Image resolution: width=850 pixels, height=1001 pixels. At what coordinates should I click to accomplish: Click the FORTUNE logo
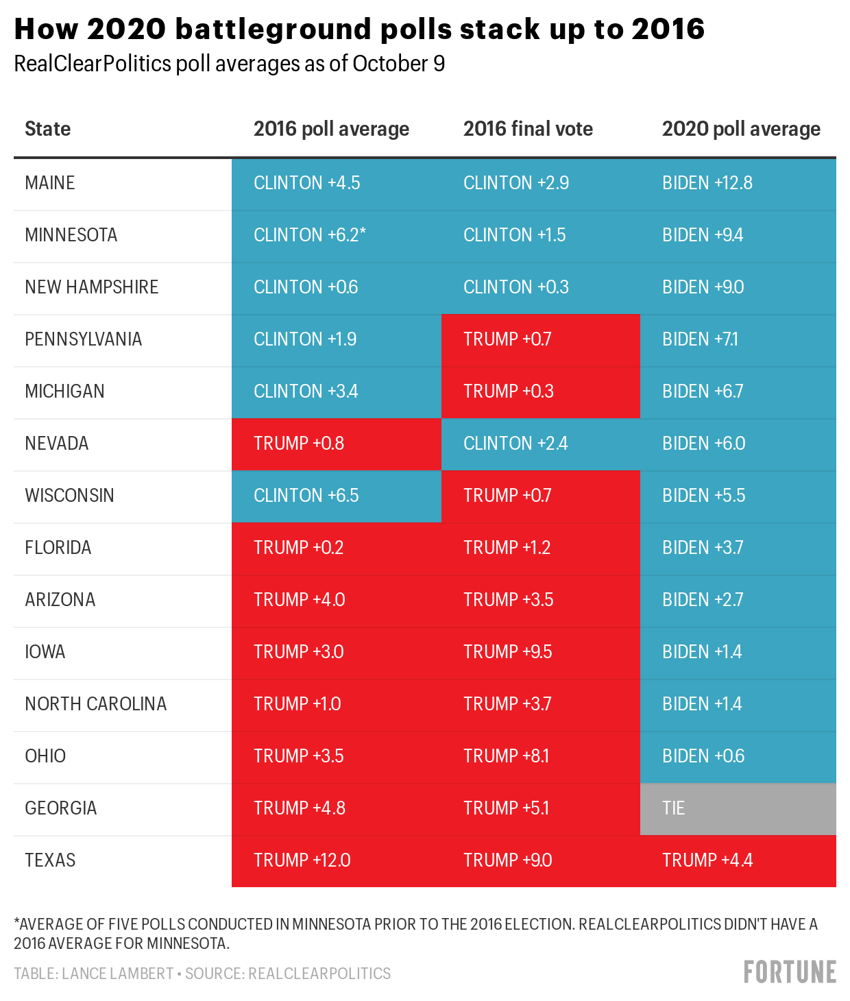coord(790,972)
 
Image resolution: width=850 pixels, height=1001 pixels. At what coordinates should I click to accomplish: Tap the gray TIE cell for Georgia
coord(738,808)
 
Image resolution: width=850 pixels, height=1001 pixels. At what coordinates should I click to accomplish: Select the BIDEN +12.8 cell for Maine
coord(738,183)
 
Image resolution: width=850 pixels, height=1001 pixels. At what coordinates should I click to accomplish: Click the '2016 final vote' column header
coord(528,129)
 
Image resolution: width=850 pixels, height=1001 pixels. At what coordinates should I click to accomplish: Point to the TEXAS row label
coord(50,860)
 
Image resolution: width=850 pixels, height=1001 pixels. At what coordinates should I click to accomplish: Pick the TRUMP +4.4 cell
coord(738,860)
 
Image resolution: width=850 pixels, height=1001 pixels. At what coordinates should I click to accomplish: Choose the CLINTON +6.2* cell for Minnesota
coord(336,235)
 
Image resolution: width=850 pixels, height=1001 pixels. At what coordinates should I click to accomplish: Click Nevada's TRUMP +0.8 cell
coord(336,444)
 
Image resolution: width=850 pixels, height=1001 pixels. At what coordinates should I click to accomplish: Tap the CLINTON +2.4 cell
coord(540,444)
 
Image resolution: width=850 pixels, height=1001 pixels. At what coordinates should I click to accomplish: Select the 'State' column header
coord(47,129)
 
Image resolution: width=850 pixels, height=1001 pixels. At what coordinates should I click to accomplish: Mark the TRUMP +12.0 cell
coord(336,860)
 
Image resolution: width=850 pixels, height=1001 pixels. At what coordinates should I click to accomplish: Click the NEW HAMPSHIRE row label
coord(91,287)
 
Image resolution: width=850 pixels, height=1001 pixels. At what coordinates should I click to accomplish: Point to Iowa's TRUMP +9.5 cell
coord(540,652)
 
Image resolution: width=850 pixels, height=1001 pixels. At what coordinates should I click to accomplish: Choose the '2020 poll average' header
coord(741,129)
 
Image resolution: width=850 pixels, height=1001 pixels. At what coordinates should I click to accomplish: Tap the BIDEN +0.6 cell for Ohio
coord(738,756)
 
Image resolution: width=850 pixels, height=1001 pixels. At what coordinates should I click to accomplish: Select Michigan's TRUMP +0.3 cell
coord(540,391)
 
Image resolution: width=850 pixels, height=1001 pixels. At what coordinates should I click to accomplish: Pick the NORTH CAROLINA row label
coord(95,704)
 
